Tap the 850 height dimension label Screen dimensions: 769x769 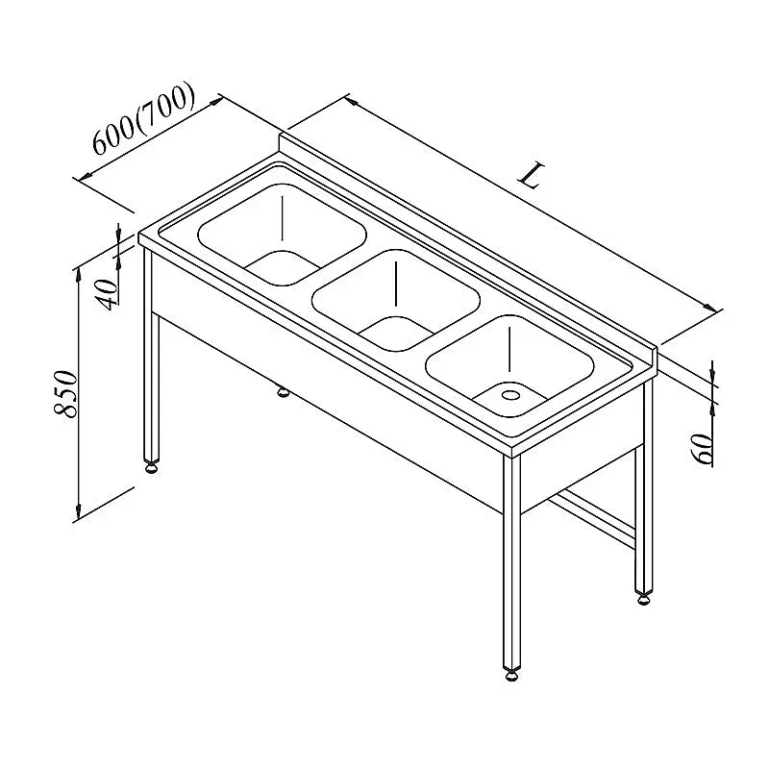(65, 394)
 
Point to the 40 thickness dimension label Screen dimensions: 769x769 (108, 294)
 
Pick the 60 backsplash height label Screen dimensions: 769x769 (702, 449)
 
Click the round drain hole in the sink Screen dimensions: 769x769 (510, 394)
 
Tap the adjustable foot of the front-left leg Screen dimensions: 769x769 (152, 467)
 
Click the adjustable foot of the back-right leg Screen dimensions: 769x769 (643, 599)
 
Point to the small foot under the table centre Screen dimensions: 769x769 (283, 391)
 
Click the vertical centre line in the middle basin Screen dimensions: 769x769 (395, 284)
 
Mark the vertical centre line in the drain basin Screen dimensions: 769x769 (510, 349)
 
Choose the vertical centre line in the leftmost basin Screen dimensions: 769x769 (282, 219)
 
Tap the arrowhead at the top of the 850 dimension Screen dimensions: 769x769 (78, 274)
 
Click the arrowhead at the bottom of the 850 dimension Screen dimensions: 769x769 (78, 513)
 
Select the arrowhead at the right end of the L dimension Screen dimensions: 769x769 (710, 307)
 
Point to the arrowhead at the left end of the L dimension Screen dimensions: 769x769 (350, 101)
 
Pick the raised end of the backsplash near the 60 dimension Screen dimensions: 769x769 (655, 364)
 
